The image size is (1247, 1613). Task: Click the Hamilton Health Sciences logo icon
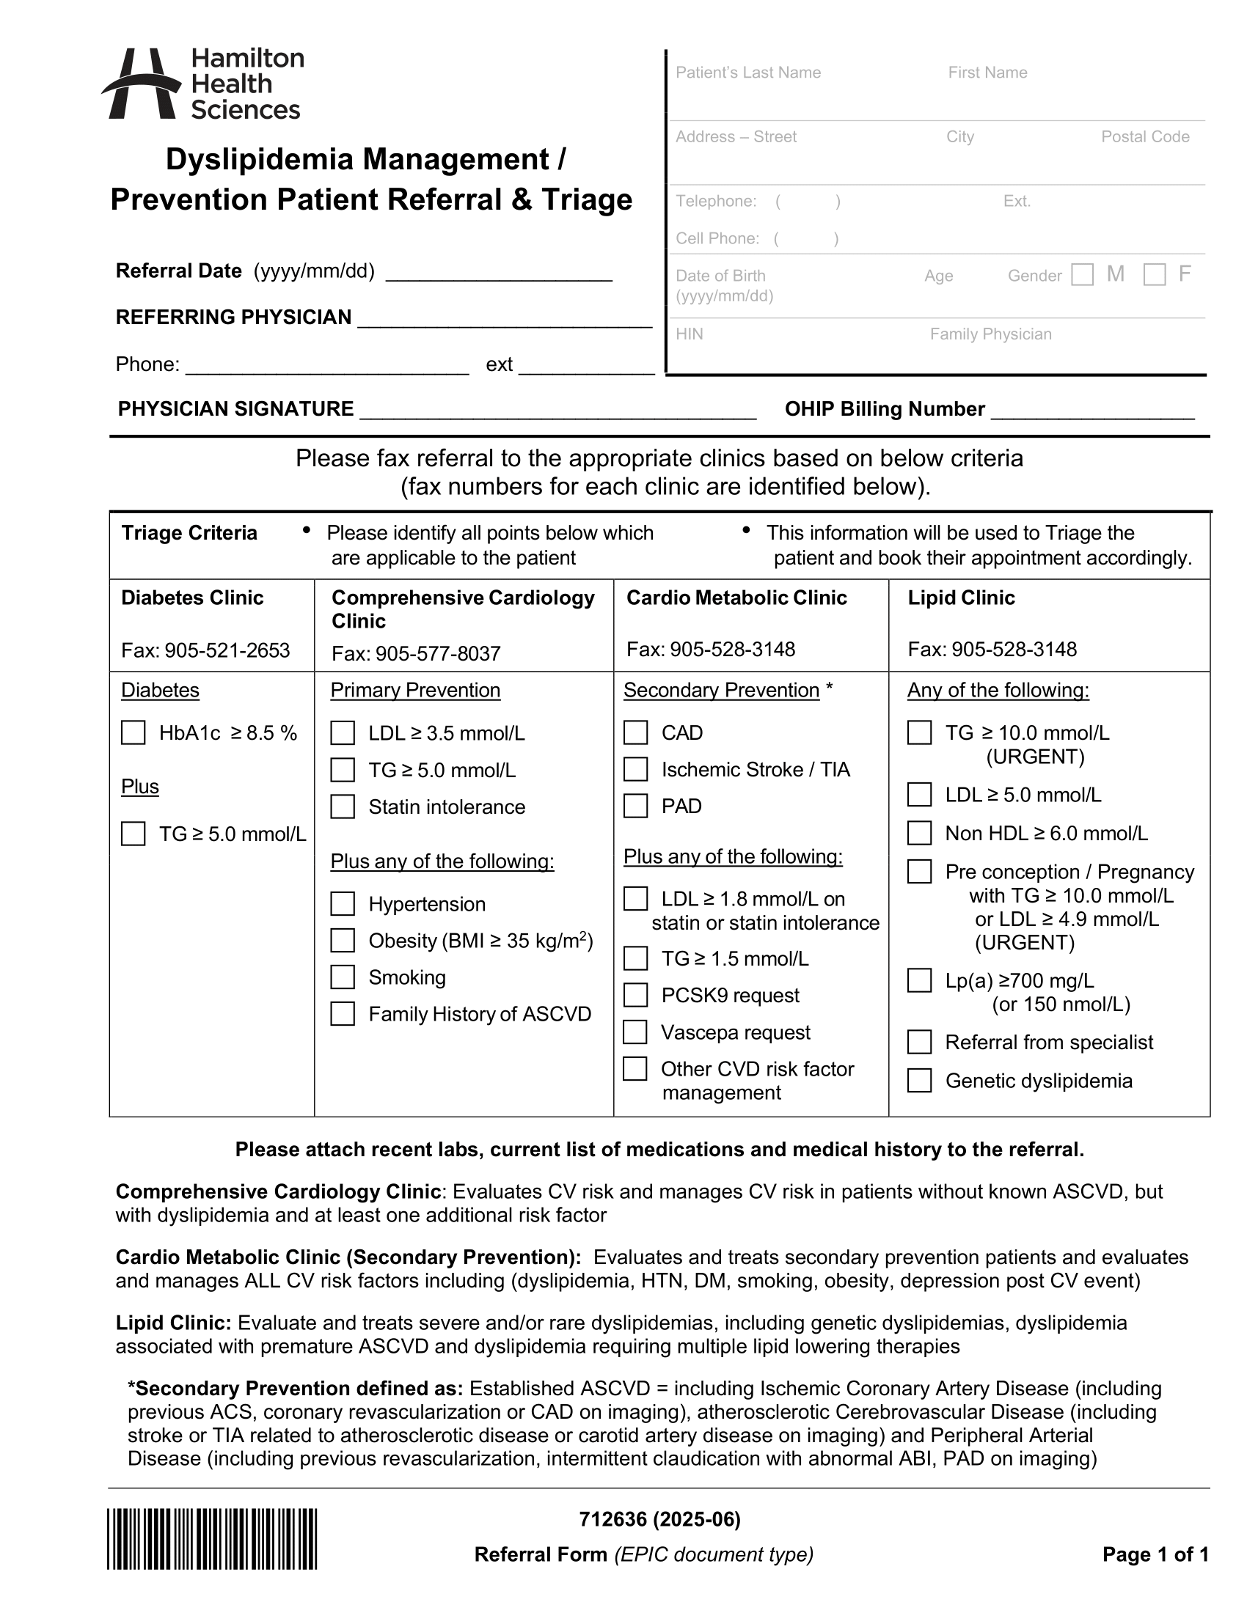[x=140, y=84]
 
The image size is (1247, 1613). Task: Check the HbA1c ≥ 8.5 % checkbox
[x=133, y=732]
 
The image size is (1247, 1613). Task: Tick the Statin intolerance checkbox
[x=342, y=806]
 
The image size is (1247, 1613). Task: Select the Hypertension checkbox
[x=342, y=904]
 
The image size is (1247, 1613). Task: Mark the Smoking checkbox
[x=342, y=977]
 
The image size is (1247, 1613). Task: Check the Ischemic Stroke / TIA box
[x=635, y=770]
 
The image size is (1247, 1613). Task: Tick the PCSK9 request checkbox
[x=635, y=995]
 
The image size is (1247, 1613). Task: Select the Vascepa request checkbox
[x=635, y=1032]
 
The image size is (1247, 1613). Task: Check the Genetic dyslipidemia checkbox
[x=919, y=1081]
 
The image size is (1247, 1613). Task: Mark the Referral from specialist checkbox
[x=919, y=1042]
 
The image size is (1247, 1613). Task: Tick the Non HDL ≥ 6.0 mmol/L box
[x=919, y=833]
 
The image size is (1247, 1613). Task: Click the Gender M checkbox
[x=1082, y=275]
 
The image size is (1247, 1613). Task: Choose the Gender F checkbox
[x=1154, y=275]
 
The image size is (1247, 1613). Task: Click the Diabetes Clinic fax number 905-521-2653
[x=227, y=650]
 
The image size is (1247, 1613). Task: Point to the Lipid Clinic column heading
[x=961, y=598]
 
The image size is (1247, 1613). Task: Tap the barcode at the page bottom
[x=212, y=1539]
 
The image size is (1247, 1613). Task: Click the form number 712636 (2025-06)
[x=659, y=1519]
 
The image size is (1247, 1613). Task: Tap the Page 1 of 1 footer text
[x=1155, y=1554]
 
